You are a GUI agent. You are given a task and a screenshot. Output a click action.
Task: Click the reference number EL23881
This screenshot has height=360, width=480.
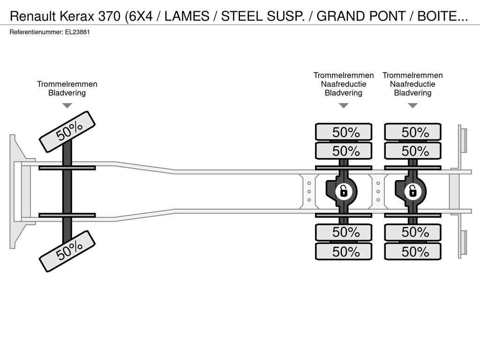click(x=77, y=32)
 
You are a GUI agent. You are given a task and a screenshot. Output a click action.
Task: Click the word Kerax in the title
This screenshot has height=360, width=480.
click(x=77, y=16)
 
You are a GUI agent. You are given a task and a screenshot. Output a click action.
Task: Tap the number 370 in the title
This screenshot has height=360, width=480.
click(x=110, y=16)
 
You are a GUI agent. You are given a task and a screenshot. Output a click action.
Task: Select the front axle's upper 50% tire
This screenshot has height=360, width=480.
click(x=67, y=132)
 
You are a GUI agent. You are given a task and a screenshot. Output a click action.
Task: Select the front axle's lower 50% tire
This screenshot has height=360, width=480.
click(x=67, y=251)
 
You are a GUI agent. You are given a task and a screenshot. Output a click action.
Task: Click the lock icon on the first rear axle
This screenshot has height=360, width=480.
click(x=344, y=192)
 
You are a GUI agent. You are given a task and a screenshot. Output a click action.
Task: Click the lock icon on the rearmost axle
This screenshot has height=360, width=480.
click(x=413, y=192)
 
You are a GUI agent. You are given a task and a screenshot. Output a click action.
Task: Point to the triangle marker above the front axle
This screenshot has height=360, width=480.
click(x=67, y=105)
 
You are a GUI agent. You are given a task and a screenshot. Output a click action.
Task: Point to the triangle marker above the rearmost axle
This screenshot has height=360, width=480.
click(x=412, y=105)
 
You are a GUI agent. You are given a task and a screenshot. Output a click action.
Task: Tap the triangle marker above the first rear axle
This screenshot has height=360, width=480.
click(x=344, y=105)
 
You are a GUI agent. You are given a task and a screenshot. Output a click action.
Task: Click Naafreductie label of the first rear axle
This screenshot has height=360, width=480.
click(x=344, y=84)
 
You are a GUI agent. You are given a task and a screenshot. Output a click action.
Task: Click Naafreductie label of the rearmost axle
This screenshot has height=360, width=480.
click(x=412, y=84)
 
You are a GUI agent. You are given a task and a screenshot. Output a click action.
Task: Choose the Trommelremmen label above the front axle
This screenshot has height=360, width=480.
click(x=67, y=84)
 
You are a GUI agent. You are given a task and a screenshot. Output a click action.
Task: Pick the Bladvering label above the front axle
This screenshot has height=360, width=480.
click(x=67, y=93)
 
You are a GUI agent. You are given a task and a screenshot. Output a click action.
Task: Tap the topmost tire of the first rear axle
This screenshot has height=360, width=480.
click(x=344, y=132)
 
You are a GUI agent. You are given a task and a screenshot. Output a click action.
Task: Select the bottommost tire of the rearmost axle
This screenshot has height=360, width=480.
click(x=412, y=252)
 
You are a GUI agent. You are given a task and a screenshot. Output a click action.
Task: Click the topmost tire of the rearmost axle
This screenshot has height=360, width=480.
click(x=412, y=132)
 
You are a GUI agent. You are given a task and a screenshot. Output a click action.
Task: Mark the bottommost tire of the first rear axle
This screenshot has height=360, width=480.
click(x=344, y=252)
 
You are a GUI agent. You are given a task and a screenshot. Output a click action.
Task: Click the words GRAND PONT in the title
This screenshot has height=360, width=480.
click(x=361, y=16)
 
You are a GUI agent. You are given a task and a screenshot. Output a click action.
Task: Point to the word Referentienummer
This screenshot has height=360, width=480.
click(x=37, y=32)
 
